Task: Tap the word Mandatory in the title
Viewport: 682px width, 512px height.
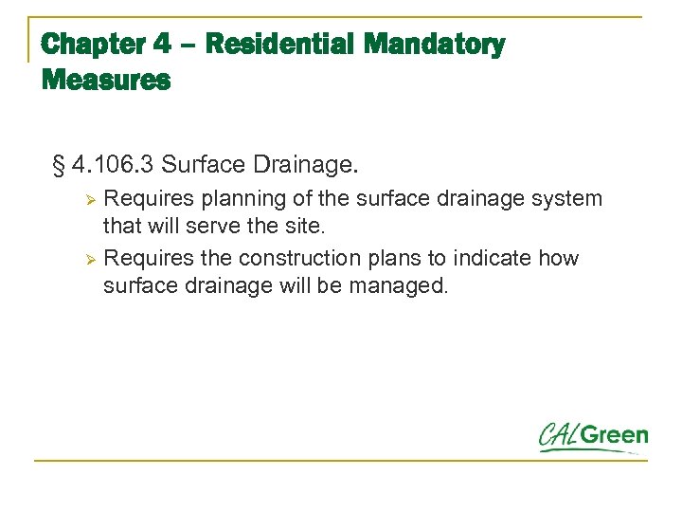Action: [x=435, y=45]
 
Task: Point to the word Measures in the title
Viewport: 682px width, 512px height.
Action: [x=106, y=81]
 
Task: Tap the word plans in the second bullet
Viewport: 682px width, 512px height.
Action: [x=383, y=258]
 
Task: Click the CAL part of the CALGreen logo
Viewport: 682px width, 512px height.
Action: [x=558, y=436]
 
